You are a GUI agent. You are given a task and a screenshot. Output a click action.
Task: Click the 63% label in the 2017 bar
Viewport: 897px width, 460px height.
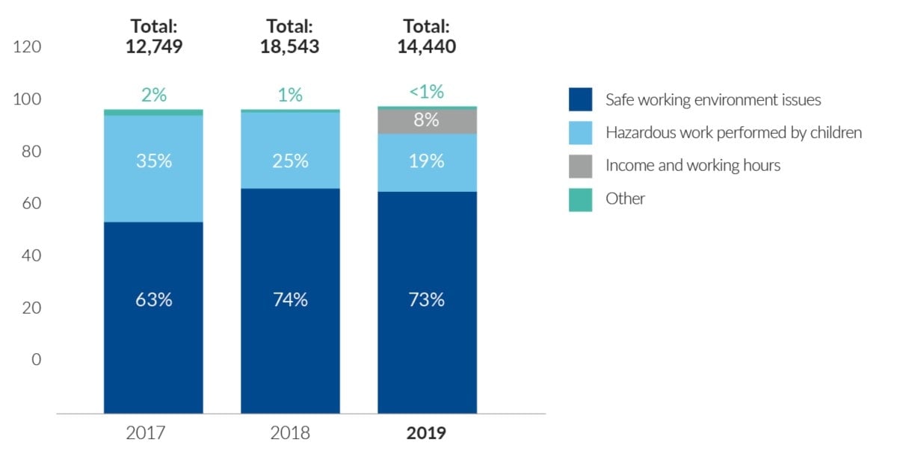coord(154,299)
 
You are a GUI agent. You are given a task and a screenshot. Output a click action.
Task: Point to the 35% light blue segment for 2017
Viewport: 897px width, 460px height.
coord(154,179)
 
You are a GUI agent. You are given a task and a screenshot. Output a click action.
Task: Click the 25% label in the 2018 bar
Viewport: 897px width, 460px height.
coord(290,161)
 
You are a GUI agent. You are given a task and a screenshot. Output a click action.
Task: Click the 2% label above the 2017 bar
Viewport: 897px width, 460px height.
coord(154,95)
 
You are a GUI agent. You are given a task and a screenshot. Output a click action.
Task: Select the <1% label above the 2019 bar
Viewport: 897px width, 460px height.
coord(427,93)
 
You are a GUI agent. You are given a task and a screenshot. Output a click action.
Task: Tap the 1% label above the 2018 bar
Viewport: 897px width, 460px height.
coord(290,95)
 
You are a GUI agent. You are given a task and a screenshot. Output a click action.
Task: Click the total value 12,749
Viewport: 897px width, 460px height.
coord(154,47)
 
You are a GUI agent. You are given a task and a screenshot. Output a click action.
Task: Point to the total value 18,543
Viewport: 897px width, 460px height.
coord(290,47)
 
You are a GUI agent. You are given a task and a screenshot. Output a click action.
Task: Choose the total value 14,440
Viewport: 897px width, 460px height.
coord(427,47)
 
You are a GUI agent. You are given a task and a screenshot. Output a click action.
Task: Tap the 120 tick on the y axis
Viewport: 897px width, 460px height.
coord(28,47)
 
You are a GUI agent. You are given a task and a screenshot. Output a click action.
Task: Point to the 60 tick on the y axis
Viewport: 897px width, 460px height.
coord(31,203)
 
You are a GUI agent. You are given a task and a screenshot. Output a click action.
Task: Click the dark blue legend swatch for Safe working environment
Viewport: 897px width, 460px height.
coord(580,99)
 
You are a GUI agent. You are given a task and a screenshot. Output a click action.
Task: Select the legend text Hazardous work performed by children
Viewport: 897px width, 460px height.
coord(733,133)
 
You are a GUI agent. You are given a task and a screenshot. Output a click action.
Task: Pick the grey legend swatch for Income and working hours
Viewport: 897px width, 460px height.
coord(580,166)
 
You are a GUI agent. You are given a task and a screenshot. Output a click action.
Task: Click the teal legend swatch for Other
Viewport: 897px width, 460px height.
coord(580,199)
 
